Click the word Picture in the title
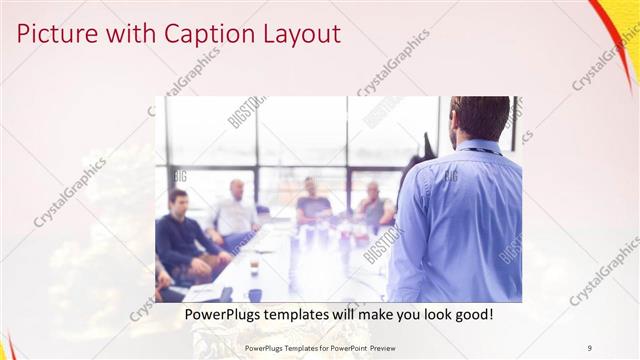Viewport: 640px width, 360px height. click(x=55, y=34)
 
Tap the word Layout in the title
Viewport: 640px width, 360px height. click(x=301, y=34)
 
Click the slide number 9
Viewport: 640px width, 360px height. click(x=590, y=347)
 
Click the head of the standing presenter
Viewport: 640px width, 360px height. click(x=478, y=118)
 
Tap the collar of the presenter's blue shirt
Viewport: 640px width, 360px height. click(x=479, y=147)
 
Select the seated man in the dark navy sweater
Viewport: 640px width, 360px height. click(x=180, y=235)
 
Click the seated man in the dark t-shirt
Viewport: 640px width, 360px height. click(x=312, y=202)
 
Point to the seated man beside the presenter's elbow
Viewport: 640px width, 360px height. click(x=375, y=205)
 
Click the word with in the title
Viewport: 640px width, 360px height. click(x=133, y=34)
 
